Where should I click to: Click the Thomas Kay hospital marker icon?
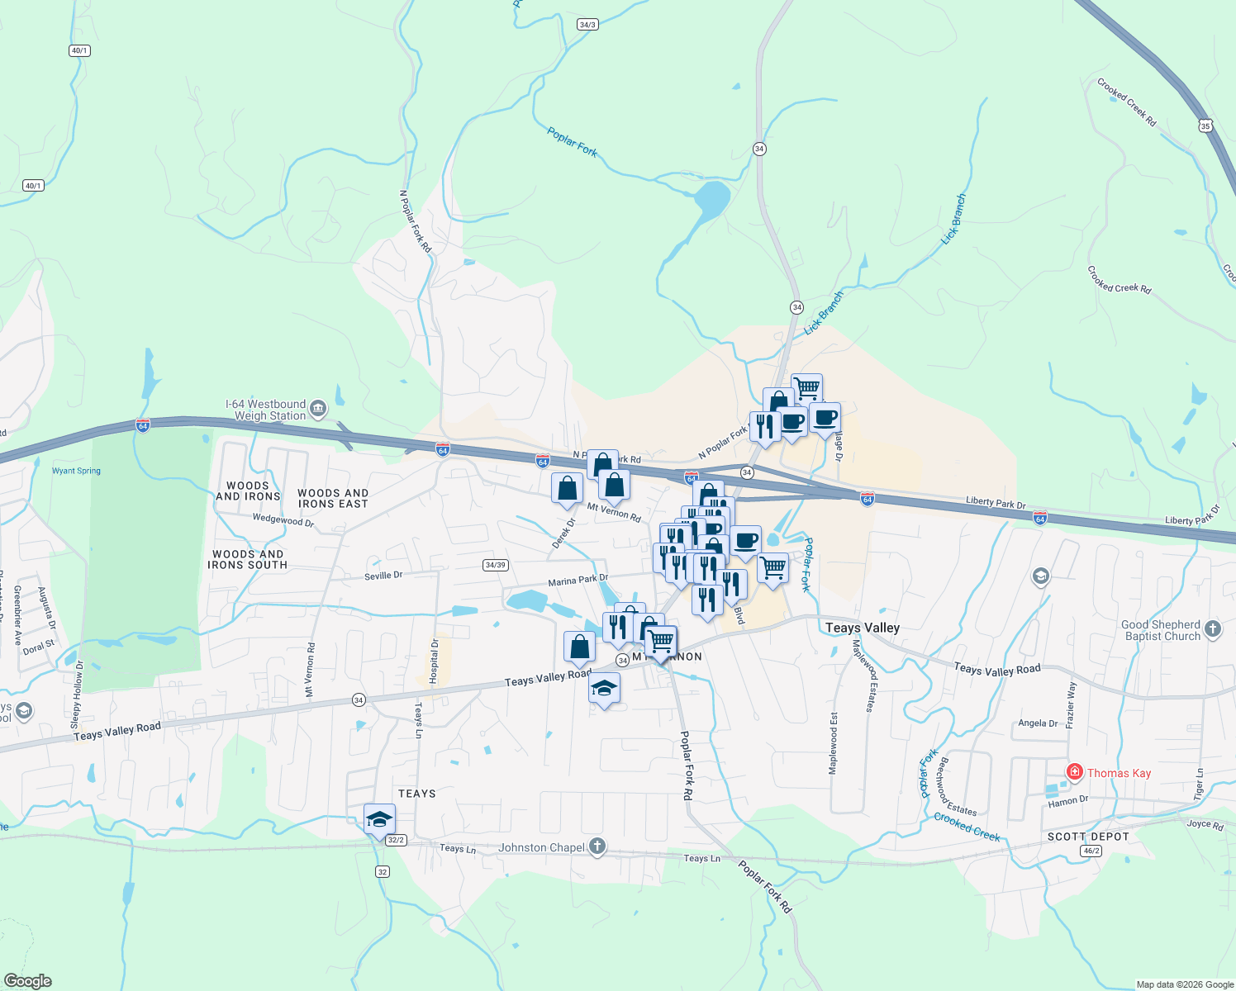click(x=1074, y=773)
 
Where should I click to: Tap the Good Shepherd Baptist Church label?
click(x=1162, y=630)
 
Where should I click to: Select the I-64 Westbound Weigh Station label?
click(x=266, y=410)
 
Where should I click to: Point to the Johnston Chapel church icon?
click(x=597, y=846)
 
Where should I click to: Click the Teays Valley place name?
click(x=862, y=628)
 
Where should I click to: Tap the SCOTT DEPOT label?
click(x=1087, y=837)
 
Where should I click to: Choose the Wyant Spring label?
click(x=76, y=471)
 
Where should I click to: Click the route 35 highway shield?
click(x=1205, y=126)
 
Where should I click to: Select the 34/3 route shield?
click(x=587, y=25)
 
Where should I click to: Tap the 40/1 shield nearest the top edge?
click(x=79, y=50)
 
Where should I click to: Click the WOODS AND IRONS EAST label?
click(x=333, y=498)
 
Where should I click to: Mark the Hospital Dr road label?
click(x=435, y=661)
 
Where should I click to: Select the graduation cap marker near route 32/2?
click(x=380, y=819)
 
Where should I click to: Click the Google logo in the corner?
click(x=27, y=980)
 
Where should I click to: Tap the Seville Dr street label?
click(x=383, y=576)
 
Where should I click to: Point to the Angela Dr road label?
click(x=1038, y=723)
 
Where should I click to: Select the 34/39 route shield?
click(x=495, y=565)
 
